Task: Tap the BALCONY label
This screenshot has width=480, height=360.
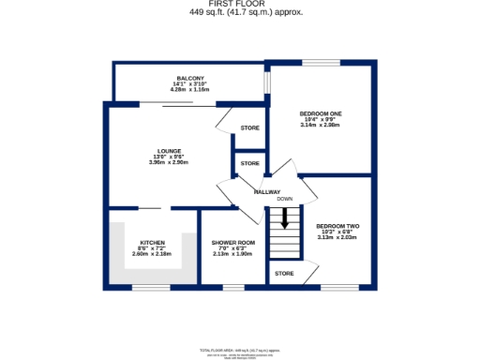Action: click(190, 79)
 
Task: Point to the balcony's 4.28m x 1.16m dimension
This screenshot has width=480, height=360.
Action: click(190, 90)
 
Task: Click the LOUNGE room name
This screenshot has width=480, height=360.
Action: click(168, 151)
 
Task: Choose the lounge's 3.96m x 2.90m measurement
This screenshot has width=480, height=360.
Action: click(168, 162)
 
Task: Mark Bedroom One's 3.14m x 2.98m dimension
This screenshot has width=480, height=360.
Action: click(321, 125)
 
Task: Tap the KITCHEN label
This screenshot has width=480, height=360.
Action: click(152, 242)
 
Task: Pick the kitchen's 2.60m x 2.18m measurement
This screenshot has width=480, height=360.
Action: click(152, 253)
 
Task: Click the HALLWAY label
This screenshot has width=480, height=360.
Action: click(268, 191)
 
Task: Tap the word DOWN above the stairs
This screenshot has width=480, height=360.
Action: click(284, 199)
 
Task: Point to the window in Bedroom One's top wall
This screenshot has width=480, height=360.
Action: click(314, 64)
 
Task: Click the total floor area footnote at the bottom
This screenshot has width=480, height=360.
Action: click(240, 350)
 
